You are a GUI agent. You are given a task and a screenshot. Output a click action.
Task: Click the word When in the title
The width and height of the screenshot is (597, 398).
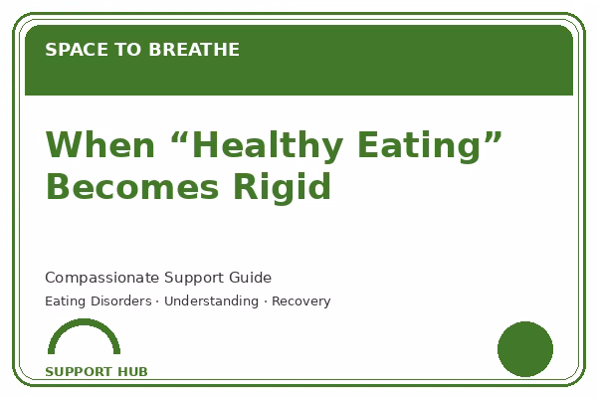(x=100, y=144)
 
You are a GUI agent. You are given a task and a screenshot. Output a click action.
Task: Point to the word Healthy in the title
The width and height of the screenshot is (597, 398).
(x=268, y=147)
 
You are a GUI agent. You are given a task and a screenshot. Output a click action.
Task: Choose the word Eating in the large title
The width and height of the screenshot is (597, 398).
(x=420, y=147)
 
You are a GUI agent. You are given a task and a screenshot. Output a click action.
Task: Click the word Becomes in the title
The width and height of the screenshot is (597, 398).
(x=132, y=187)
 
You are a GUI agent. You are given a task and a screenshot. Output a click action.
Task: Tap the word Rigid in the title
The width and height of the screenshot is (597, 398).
(x=282, y=188)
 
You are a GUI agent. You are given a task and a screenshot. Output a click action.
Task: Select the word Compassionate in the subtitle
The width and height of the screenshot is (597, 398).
(x=102, y=278)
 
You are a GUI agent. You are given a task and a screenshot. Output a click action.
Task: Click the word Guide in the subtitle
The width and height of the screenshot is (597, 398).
(x=250, y=278)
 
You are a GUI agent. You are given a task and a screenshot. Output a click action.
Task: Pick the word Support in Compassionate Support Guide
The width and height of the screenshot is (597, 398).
(x=194, y=279)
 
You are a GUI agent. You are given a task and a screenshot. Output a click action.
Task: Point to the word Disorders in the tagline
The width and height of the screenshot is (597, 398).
(x=121, y=300)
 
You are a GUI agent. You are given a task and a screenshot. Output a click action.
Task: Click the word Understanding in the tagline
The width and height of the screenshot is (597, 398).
(x=211, y=301)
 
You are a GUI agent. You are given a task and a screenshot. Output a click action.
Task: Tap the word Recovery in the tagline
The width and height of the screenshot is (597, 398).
(x=301, y=301)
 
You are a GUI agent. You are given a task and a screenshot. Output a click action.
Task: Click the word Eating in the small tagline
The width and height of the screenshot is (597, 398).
(x=65, y=301)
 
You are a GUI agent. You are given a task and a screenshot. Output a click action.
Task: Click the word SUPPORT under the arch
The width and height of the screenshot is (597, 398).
(x=79, y=372)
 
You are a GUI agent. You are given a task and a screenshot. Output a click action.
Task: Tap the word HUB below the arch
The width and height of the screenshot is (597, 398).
(x=132, y=372)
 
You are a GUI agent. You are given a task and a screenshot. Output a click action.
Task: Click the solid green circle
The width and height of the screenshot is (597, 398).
(x=525, y=349)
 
